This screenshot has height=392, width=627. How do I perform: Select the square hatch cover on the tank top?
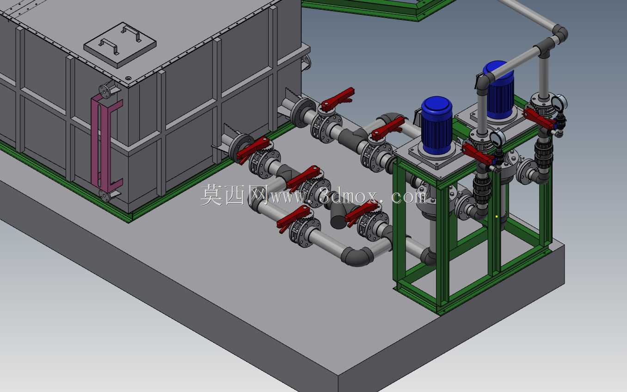click(120, 45)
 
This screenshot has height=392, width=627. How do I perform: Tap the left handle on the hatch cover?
click(109, 46)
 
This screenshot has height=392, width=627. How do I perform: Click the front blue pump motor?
click(436, 125)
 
